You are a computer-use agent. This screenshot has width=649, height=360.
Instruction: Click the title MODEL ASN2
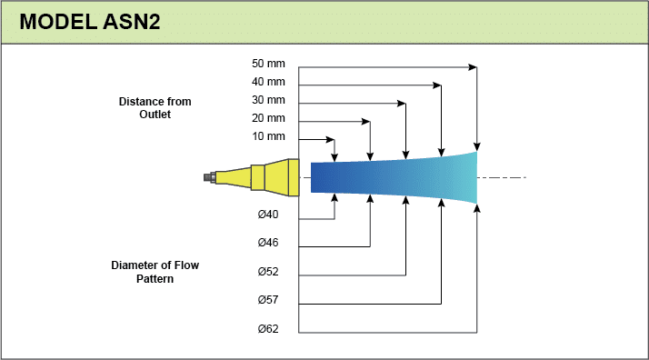90,22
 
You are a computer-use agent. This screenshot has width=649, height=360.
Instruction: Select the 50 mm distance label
268,64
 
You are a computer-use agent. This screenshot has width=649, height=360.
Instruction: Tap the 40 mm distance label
268,82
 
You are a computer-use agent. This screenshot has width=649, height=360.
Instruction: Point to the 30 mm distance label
268,100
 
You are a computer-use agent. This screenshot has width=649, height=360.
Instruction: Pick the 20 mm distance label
268,118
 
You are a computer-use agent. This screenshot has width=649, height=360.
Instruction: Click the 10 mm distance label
268,136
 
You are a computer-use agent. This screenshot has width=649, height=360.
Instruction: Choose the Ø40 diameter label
268,215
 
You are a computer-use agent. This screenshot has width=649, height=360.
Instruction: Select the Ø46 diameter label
268,243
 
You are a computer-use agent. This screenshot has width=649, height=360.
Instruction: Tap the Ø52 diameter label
268,272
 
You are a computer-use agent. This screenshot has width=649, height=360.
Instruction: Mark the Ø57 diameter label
268,300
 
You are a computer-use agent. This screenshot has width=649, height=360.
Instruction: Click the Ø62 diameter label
268,329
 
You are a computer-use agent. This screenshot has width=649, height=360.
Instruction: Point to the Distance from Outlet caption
155,107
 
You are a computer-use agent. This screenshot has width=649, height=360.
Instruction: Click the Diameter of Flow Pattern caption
155,272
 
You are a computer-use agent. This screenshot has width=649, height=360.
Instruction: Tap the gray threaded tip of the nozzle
209,177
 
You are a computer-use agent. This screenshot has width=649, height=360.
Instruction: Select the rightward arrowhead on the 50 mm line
473,67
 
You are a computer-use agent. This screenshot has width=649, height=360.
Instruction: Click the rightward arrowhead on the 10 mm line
330,139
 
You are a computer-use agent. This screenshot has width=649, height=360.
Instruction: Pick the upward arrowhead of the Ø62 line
477,208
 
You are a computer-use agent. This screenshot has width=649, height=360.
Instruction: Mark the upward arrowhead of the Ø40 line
334,198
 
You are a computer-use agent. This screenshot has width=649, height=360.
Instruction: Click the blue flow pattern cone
394,178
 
